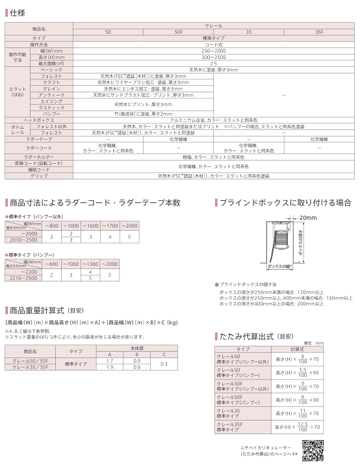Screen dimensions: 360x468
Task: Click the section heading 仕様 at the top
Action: click(18, 13)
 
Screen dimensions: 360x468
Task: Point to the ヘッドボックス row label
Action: click(40, 120)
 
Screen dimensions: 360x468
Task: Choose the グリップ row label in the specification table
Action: click(40, 176)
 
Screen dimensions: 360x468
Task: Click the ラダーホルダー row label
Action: click(40, 157)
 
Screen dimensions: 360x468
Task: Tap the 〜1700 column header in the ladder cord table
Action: click(110, 225)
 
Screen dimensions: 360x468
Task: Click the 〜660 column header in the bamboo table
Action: click(51, 263)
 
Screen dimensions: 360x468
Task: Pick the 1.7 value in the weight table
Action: click(110, 360)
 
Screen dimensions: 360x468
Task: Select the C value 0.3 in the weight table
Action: click(164, 363)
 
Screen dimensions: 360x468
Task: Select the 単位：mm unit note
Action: click(313, 343)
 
